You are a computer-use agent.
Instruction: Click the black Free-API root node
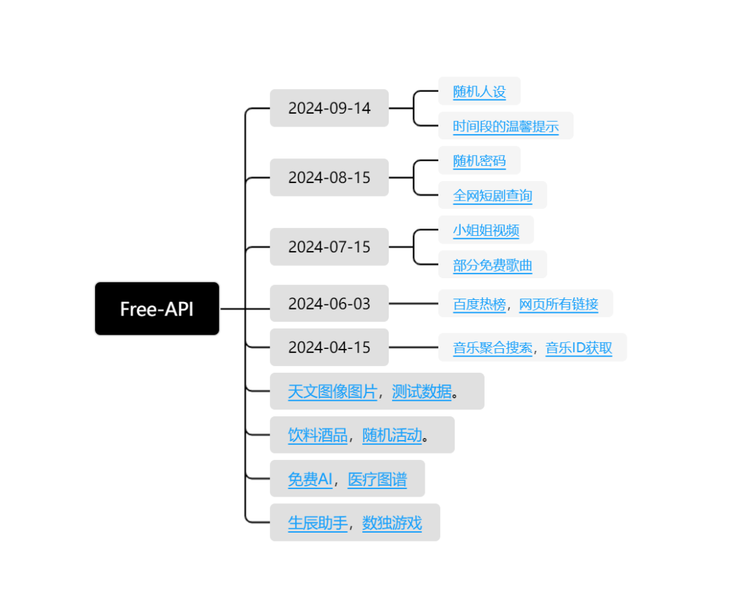click(x=157, y=309)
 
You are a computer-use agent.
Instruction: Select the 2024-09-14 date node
click(x=329, y=108)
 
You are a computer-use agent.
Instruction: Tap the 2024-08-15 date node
click(x=329, y=178)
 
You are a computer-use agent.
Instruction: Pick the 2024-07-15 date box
click(x=329, y=247)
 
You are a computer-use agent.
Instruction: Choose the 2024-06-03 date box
click(x=329, y=303)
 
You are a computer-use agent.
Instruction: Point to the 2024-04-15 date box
click(x=329, y=347)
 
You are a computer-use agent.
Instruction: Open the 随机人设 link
click(x=479, y=91)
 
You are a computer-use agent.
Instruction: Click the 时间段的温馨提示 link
click(x=506, y=127)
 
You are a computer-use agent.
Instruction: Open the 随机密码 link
click(x=479, y=161)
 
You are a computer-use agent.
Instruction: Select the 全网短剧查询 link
click(x=493, y=195)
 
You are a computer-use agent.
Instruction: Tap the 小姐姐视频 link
click(x=486, y=230)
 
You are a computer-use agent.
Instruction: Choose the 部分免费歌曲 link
click(x=493, y=265)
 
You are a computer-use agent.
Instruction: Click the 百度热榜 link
click(x=479, y=304)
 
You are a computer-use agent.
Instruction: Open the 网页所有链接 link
click(x=559, y=304)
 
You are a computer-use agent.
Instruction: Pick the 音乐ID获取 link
click(x=578, y=348)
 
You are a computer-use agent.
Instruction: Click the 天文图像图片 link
click(x=332, y=391)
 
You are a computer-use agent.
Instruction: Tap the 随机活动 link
click(x=392, y=435)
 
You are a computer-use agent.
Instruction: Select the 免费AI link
click(x=310, y=480)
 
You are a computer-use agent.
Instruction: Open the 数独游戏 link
click(x=392, y=523)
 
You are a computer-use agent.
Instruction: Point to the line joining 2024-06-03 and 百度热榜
click(x=413, y=303)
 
